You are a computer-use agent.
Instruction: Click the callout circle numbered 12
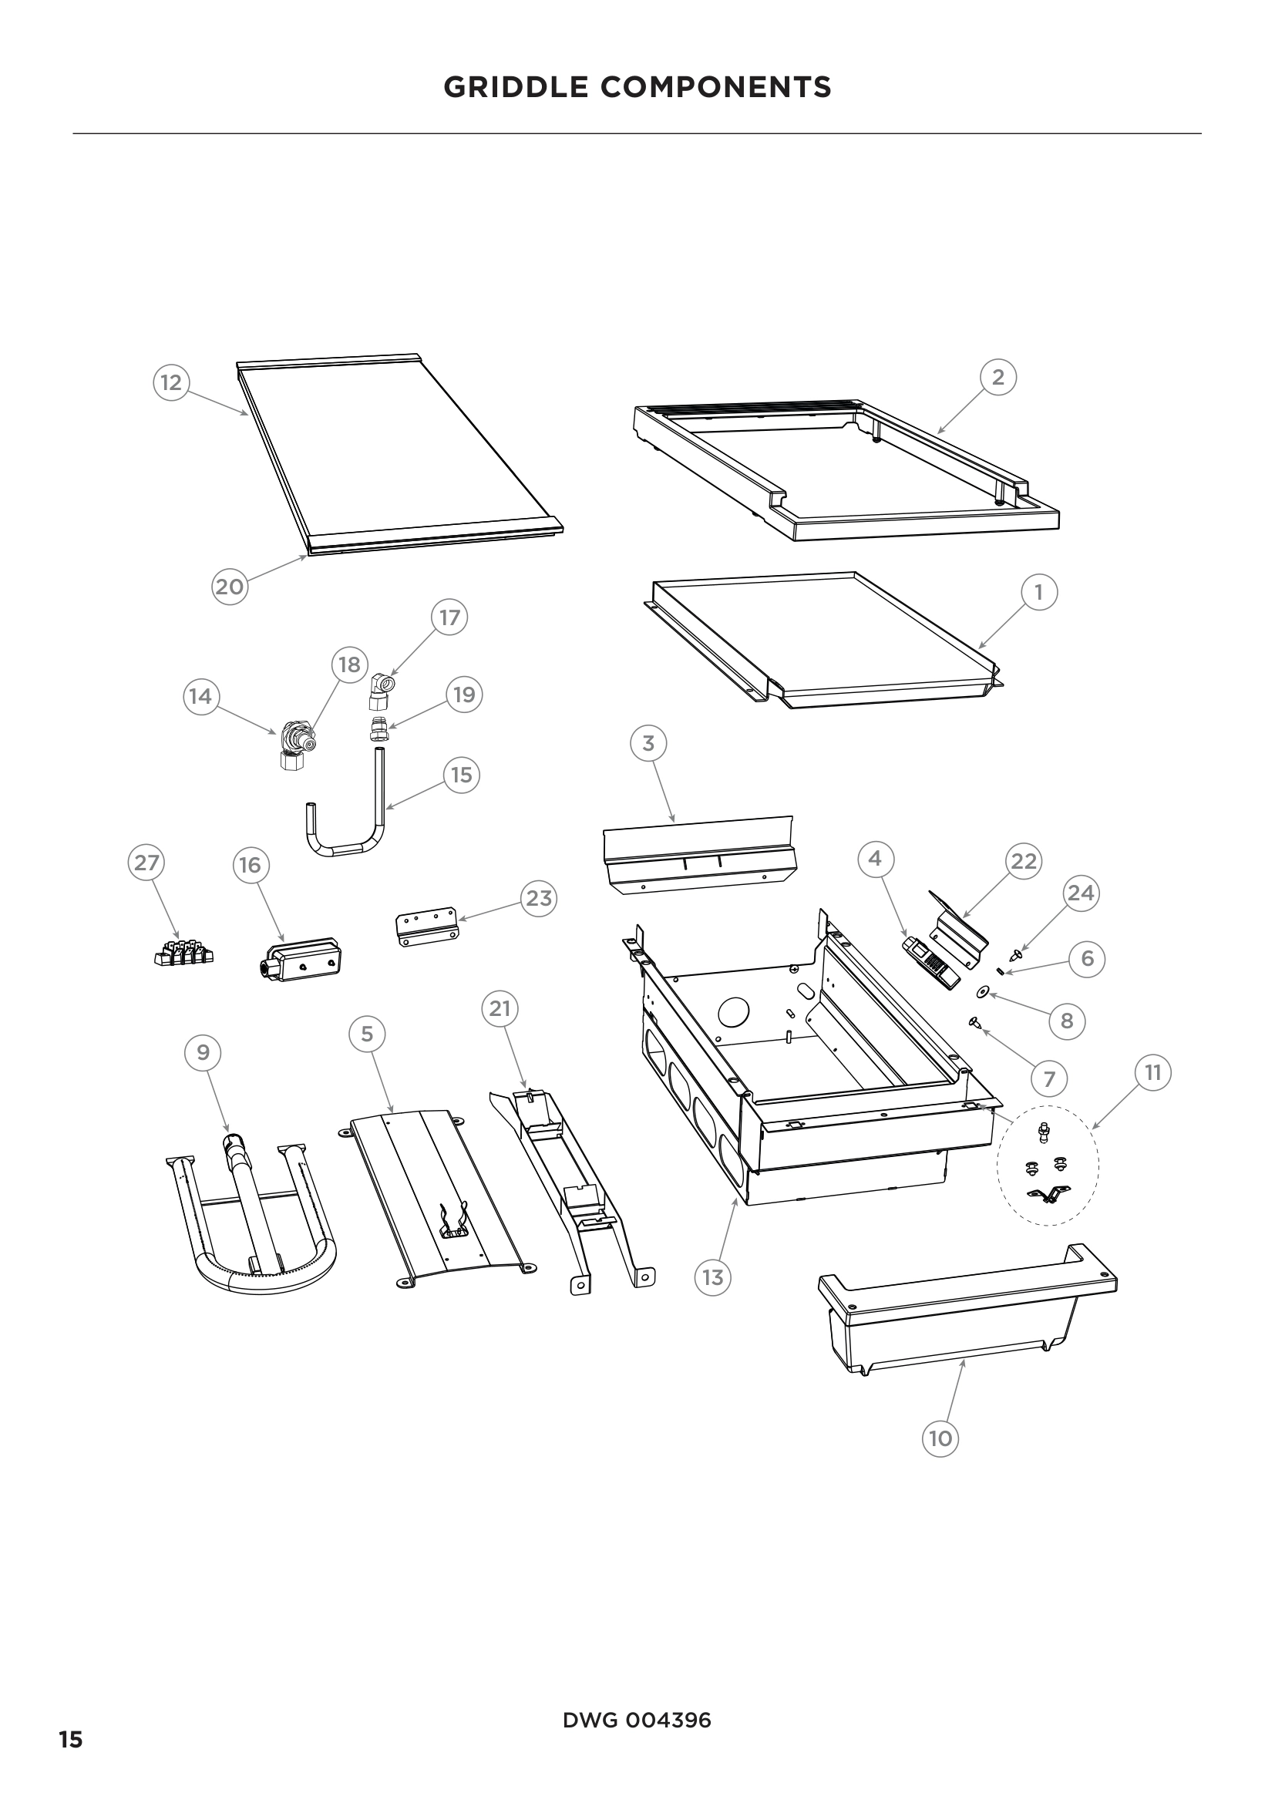[x=170, y=383]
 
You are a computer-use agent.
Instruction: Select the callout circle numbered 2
[x=997, y=378]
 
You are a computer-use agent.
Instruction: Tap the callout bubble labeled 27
[x=146, y=863]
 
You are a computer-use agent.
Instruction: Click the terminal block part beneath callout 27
[x=183, y=954]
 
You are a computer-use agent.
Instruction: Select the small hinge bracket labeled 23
[x=426, y=929]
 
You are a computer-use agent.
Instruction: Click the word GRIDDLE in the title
[x=517, y=87]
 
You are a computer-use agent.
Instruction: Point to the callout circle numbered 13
[x=712, y=1277]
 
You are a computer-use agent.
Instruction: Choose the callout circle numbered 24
[x=1080, y=893]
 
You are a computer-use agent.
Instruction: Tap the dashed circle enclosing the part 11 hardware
[x=1048, y=1167]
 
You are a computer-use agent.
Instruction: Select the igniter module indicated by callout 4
[x=931, y=964]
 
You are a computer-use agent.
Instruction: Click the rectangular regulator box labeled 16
[x=300, y=958]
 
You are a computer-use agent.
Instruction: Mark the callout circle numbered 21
[x=500, y=1009]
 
